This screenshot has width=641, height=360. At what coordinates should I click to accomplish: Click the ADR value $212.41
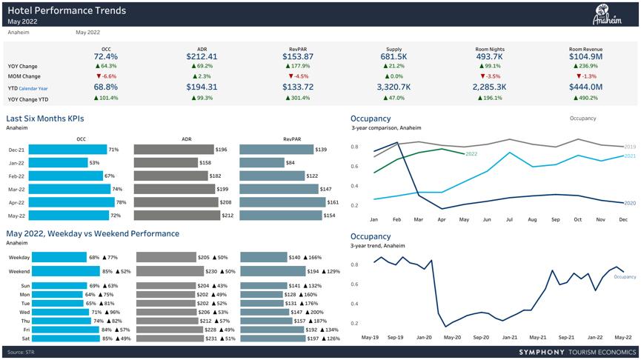point(202,56)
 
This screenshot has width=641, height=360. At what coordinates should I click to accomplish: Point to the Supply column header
point(393,48)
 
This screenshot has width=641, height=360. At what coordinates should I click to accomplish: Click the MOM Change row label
point(24,76)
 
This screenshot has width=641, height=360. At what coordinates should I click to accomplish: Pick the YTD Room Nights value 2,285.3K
point(489,87)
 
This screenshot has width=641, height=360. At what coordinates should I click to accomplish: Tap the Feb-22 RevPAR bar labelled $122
point(272,176)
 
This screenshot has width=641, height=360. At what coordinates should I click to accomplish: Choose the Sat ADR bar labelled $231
point(167,339)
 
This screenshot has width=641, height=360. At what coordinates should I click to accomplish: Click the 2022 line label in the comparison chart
point(471,154)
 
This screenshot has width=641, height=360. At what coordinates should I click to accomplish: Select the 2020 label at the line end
point(631,203)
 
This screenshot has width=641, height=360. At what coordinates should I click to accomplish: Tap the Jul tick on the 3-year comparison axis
point(511,219)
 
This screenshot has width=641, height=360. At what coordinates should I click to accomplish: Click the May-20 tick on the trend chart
point(452,337)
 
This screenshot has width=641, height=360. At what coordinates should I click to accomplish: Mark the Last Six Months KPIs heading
point(44,119)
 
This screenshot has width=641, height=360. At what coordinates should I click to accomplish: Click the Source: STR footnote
point(21,352)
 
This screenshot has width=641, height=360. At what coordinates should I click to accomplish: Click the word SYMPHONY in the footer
point(542,352)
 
